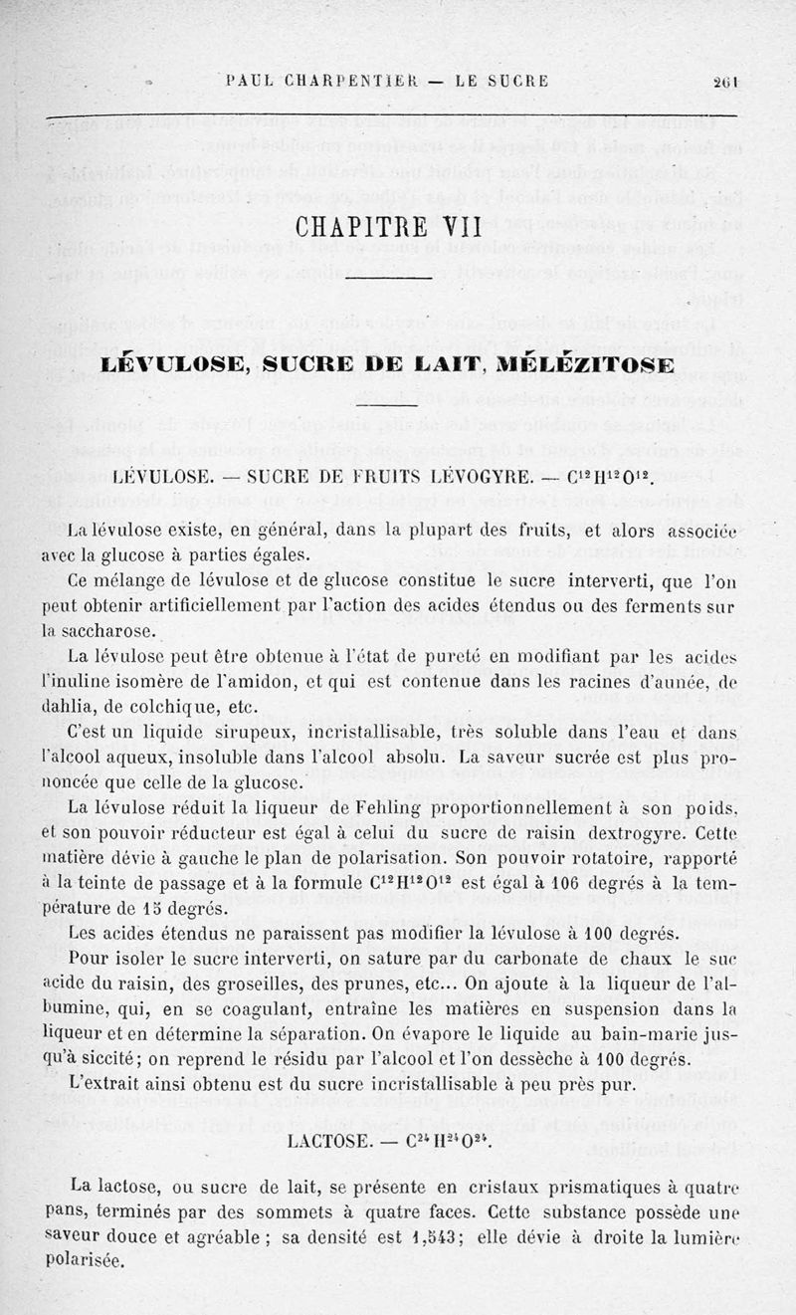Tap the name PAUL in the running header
pyautogui.click(x=249, y=83)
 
